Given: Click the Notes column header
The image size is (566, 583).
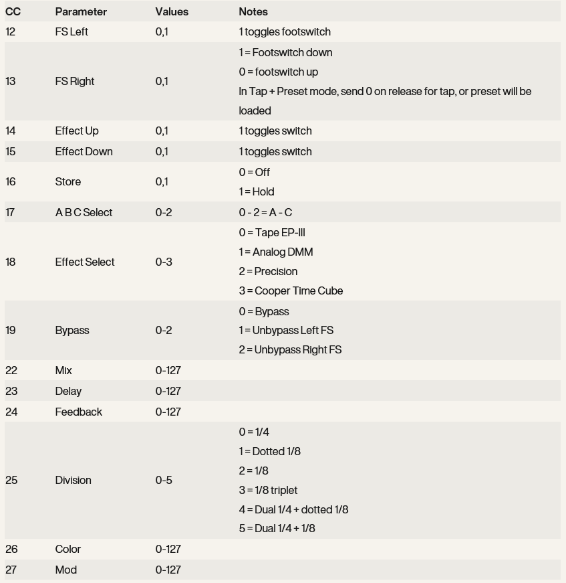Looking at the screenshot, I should [253, 11].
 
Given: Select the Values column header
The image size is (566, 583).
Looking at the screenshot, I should [172, 11].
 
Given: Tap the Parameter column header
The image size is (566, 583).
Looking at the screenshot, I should [81, 11].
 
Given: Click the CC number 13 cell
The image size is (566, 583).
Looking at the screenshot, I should [11, 81].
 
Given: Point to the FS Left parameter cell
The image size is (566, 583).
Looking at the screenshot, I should [72, 31].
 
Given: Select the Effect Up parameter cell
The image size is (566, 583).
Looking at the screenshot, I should [77, 131].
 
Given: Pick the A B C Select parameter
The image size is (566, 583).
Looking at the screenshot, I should [84, 212].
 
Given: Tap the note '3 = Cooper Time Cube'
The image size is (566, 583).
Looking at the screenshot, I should [291, 290].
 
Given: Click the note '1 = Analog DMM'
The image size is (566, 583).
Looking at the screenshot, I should [276, 252].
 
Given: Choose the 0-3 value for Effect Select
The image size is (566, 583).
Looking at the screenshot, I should [164, 262].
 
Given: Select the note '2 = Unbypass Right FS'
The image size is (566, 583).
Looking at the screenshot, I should [290, 349].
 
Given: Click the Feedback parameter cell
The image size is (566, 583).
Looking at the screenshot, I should [79, 412].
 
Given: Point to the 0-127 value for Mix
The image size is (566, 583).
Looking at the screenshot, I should [168, 370].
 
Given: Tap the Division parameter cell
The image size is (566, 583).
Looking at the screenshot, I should [73, 480].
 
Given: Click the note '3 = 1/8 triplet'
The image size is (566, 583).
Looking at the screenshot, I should [268, 490].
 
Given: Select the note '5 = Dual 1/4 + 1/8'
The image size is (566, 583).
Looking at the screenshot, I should [277, 528].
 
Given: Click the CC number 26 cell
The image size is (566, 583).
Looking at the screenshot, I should [11, 549].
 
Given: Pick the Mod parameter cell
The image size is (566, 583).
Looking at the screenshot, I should [66, 570].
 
